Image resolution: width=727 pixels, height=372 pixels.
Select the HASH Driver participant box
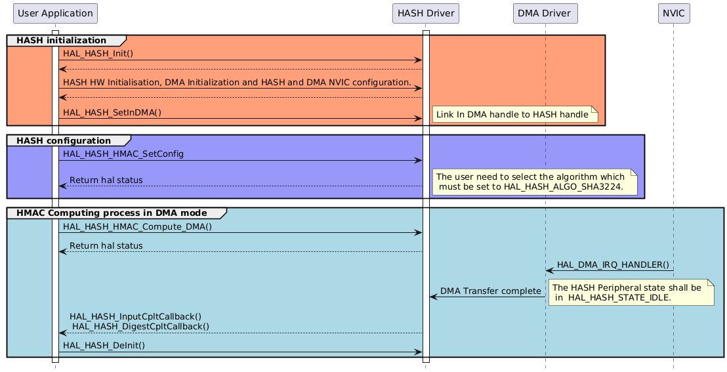[x=425, y=12]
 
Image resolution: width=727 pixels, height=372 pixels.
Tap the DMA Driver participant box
[x=545, y=12]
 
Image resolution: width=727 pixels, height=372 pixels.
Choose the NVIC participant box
[x=673, y=12]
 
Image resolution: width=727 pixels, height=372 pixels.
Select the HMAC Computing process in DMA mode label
[x=111, y=213]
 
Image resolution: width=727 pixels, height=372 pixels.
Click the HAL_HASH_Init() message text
[x=98, y=54]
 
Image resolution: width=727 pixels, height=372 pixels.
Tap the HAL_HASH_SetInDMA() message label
[x=112, y=112]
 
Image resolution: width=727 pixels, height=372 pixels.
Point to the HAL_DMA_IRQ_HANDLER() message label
[x=613, y=264]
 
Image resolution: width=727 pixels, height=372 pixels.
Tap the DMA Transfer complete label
[x=490, y=291]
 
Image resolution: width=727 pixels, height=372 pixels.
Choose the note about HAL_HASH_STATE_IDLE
[x=628, y=292]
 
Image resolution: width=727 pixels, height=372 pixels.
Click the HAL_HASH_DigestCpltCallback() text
[x=140, y=326]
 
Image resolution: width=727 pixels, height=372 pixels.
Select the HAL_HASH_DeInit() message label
[x=104, y=345]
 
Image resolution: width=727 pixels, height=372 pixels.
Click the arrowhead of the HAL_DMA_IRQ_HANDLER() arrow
[x=550, y=270]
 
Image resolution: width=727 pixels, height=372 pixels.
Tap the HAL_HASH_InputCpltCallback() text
[x=135, y=316]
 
